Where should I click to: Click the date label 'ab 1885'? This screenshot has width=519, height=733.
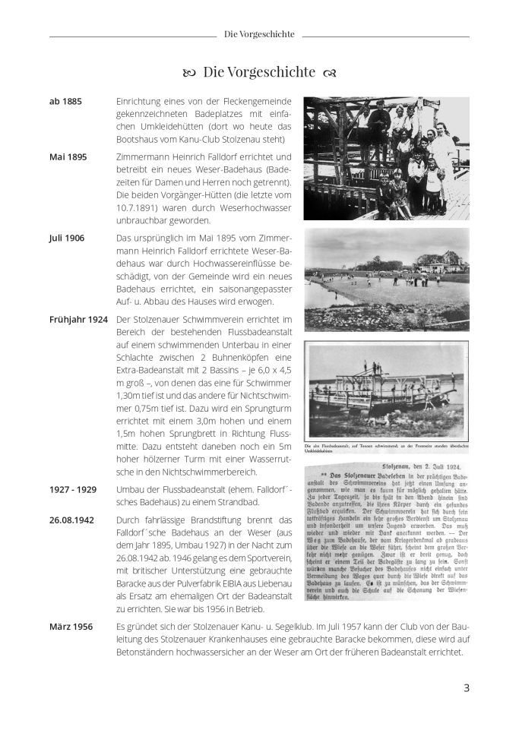[x=65, y=101]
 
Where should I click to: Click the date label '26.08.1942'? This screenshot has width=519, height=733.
[x=73, y=520]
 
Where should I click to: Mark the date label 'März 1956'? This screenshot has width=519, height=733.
[x=70, y=627]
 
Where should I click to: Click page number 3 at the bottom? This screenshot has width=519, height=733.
[x=467, y=688]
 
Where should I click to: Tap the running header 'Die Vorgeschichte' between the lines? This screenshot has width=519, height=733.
[x=259, y=34]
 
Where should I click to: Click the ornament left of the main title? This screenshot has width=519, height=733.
[x=189, y=73]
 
